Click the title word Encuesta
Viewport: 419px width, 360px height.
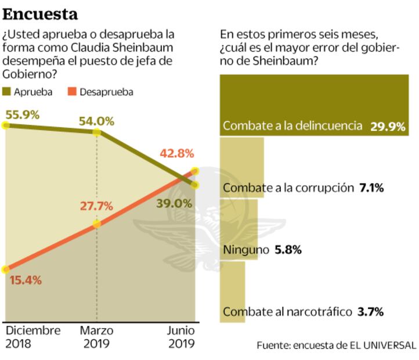pyautogui.click(x=41, y=13)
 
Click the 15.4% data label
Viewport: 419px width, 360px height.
pyautogui.click(x=26, y=280)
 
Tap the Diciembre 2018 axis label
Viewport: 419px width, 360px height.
pyautogui.click(x=33, y=337)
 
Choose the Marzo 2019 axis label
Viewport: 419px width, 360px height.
pyautogui.click(x=97, y=337)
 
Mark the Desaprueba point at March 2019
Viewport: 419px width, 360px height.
pyautogui.click(x=97, y=224)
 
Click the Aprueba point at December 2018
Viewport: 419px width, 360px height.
pyautogui.click(x=6, y=125)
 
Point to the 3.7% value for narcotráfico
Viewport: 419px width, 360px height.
pyautogui.click(x=371, y=312)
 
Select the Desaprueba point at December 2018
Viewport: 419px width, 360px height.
pyautogui.click(x=6, y=269)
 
